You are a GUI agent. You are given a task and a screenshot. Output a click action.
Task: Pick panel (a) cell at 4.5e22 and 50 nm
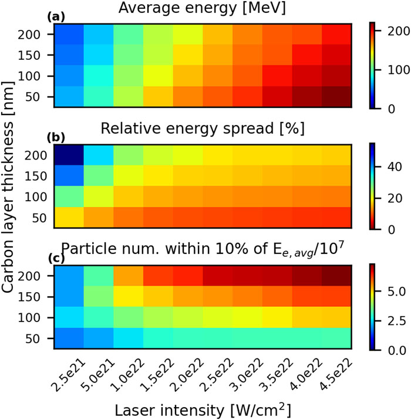click(336, 97)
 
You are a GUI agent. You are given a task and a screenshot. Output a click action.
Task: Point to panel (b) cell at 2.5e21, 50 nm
click(68, 218)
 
